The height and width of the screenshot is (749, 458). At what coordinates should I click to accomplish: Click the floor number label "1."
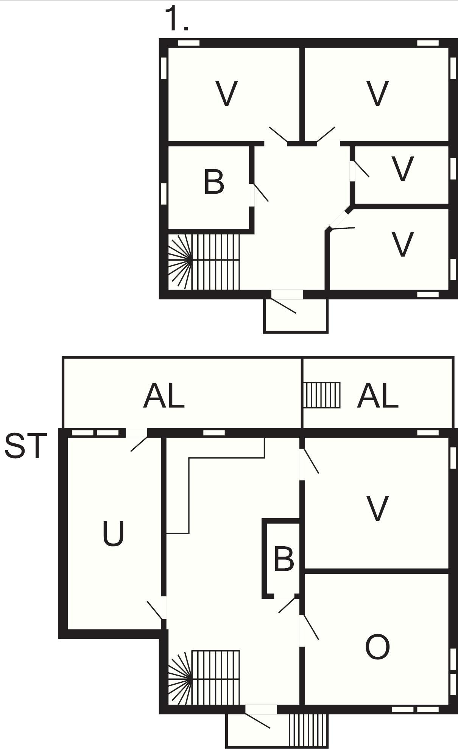(x=176, y=19)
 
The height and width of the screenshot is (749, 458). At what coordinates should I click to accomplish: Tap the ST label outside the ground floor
(x=26, y=446)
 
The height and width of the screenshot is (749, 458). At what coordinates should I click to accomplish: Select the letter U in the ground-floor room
(x=114, y=534)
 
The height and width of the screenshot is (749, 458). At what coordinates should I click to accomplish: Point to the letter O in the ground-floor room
(x=377, y=647)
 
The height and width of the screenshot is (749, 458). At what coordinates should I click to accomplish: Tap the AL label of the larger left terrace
(x=164, y=396)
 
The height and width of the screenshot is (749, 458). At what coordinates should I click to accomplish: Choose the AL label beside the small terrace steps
(x=377, y=396)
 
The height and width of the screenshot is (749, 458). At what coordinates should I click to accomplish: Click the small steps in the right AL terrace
(x=322, y=395)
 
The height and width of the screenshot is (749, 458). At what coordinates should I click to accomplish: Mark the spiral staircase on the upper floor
(x=204, y=261)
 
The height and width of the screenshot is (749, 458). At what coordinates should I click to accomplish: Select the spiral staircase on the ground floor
(x=204, y=678)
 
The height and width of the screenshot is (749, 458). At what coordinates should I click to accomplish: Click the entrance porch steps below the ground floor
(x=308, y=730)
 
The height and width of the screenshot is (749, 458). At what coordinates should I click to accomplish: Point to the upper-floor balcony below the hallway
(x=296, y=315)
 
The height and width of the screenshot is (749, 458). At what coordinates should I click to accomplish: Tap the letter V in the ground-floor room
(x=377, y=509)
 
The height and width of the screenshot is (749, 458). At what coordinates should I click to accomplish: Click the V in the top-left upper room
(x=226, y=93)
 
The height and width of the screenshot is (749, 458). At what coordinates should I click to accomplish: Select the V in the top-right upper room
(x=378, y=93)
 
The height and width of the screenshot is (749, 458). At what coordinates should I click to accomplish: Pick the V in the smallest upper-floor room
(x=402, y=169)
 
